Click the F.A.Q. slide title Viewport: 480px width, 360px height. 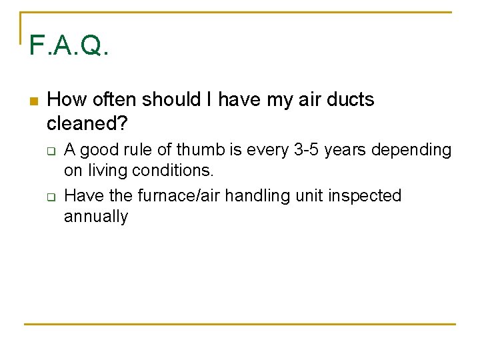(x=69, y=46)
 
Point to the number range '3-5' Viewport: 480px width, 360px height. (x=307, y=150)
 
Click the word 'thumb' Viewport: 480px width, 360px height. (x=198, y=150)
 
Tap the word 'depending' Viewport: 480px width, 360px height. (x=411, y=151)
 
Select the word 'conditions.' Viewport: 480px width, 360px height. (x=173, y=171)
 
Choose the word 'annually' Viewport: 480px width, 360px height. (x=95, y=217)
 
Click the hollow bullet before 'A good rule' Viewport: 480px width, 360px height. (x=50, y=151)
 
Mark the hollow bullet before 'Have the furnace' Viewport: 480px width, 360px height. (x=50, y=197)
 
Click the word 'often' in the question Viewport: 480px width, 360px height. (x=117, y=100)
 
